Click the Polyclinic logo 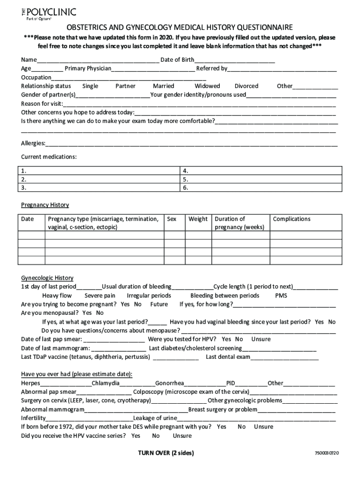pyautogui.click(x=48, y=14)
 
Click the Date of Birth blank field pyautogui.click(x=235, y=60)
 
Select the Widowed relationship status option pyautogui.click(x=207, y=86)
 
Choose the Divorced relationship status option pyautogui.click(x=246, y=86)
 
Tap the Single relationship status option pyautogui.click(x=90, y=86)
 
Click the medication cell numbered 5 pyautogui.click(x=259, y=179)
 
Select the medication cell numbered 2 pyautogui.click(x=99, y=179)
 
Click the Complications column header pyautogui.click(x=291, y=219)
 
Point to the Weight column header pyautogui.click(x=198, y=219)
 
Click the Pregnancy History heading pyautogui.click(x=45, y=205)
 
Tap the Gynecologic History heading pyautogui.click(x=47, y=278)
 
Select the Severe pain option pyautogui.click(x=100, y=296)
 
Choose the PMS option pyautogui.click(x=281, y=296)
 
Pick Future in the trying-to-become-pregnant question pyautogui.click(x=159, y=304)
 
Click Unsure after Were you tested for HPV pyautogui.click(x=261, y=339)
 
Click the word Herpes pyautogui.click(x=30, y=383)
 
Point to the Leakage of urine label pyautogui.click(x=155, y=418)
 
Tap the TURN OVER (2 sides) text pyautogui.click(x=166, y=453)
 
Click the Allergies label pyautogui.click(x=33, y=143)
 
